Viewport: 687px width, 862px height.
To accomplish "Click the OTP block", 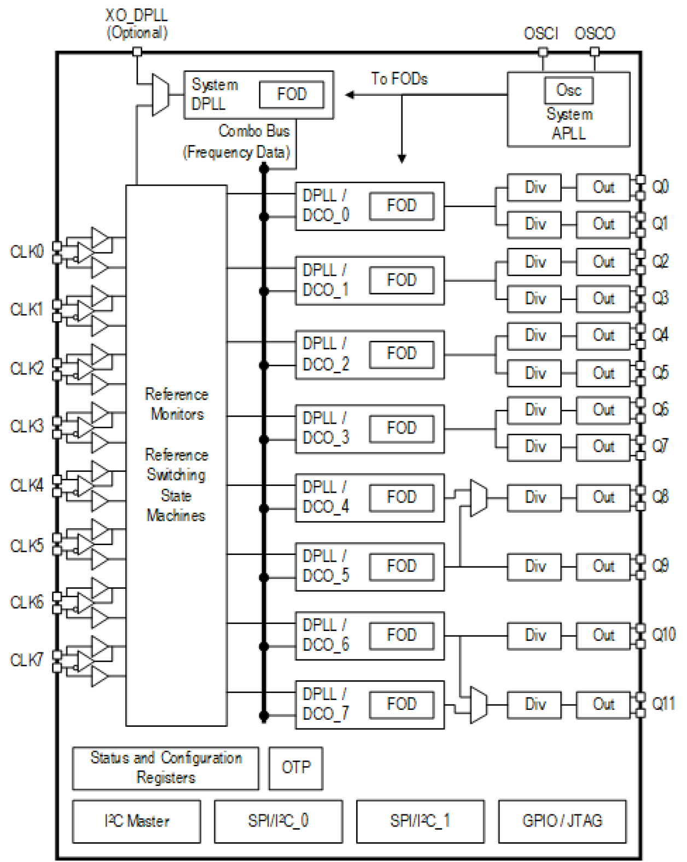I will tap(295, 768).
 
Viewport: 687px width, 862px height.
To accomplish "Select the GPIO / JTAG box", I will tap(562, 821).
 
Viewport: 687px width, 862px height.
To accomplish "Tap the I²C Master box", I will tap(136, 821).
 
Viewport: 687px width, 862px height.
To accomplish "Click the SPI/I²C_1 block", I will tap(420, 821).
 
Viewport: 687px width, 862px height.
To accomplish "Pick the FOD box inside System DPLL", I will tap(292, 94).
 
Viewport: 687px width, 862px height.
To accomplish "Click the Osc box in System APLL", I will tap(568, 90).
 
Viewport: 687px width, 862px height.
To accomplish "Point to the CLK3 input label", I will tap(26, 426).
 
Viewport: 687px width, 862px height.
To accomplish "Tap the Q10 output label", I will tap(663, 635).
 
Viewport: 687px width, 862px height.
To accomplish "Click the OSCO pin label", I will tap(594, 34).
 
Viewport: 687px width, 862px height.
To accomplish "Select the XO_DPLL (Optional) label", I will tap(136, 24).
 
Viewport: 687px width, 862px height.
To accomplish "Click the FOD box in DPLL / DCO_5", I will tap(401, 566).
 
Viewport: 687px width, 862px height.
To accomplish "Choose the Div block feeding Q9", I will tap(534, 566).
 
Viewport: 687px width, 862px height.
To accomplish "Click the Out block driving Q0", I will tap(603, 188).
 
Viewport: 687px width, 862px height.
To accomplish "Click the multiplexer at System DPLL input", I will tap(160, 95).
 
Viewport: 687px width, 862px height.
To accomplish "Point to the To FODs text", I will tap(399, 79).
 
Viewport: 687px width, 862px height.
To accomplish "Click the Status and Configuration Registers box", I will tap(165, 768).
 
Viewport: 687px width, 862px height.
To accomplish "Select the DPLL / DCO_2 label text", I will tap(325, 354).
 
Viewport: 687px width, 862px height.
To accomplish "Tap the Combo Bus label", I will tap(254, 131).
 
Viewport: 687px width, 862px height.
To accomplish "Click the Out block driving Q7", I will tap(603, 447).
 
